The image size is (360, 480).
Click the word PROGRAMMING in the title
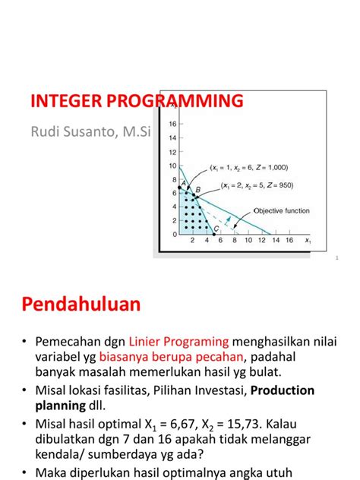click(178, 102)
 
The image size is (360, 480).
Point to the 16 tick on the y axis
click(172, 123)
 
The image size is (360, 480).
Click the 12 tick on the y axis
click(172, 151)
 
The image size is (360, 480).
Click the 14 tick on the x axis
click(277, 240)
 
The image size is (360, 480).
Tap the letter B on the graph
click(197, 190)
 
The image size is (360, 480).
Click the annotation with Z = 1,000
click(248, 168)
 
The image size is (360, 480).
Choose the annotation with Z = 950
click(256, 185)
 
